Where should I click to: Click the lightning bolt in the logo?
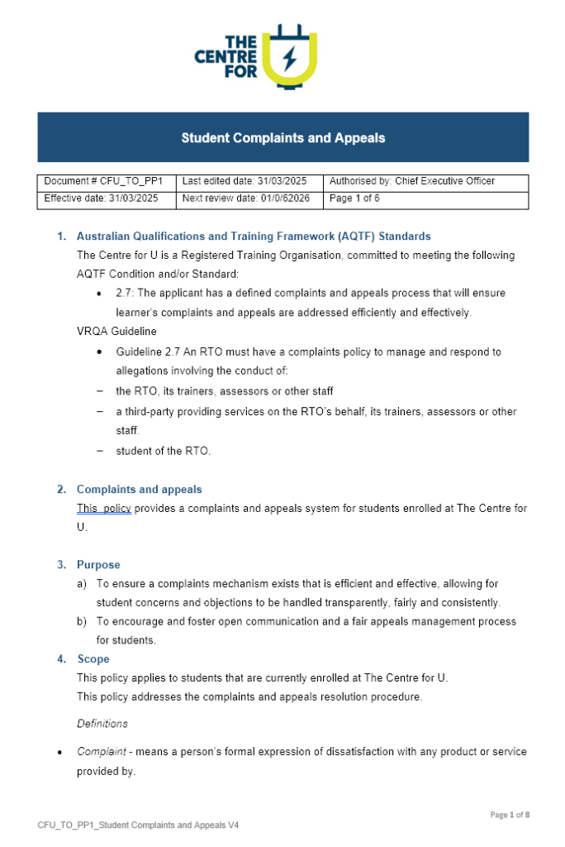[x=289, y=59]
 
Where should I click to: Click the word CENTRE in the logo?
[x=226, y=57]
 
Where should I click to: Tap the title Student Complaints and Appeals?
[x=282, y=138]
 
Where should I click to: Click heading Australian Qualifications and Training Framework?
[x=254, y=237]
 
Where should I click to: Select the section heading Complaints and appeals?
[x=139, y=490]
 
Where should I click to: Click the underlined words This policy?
[x=104, y=509]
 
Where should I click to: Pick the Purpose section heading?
[x=98, y=565]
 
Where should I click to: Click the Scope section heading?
[x=93, y=659]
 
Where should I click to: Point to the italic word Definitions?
[x=102, y=724]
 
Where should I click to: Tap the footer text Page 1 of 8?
[x=510, y=815]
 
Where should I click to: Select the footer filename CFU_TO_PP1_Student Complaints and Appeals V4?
[x=138, y=825]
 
